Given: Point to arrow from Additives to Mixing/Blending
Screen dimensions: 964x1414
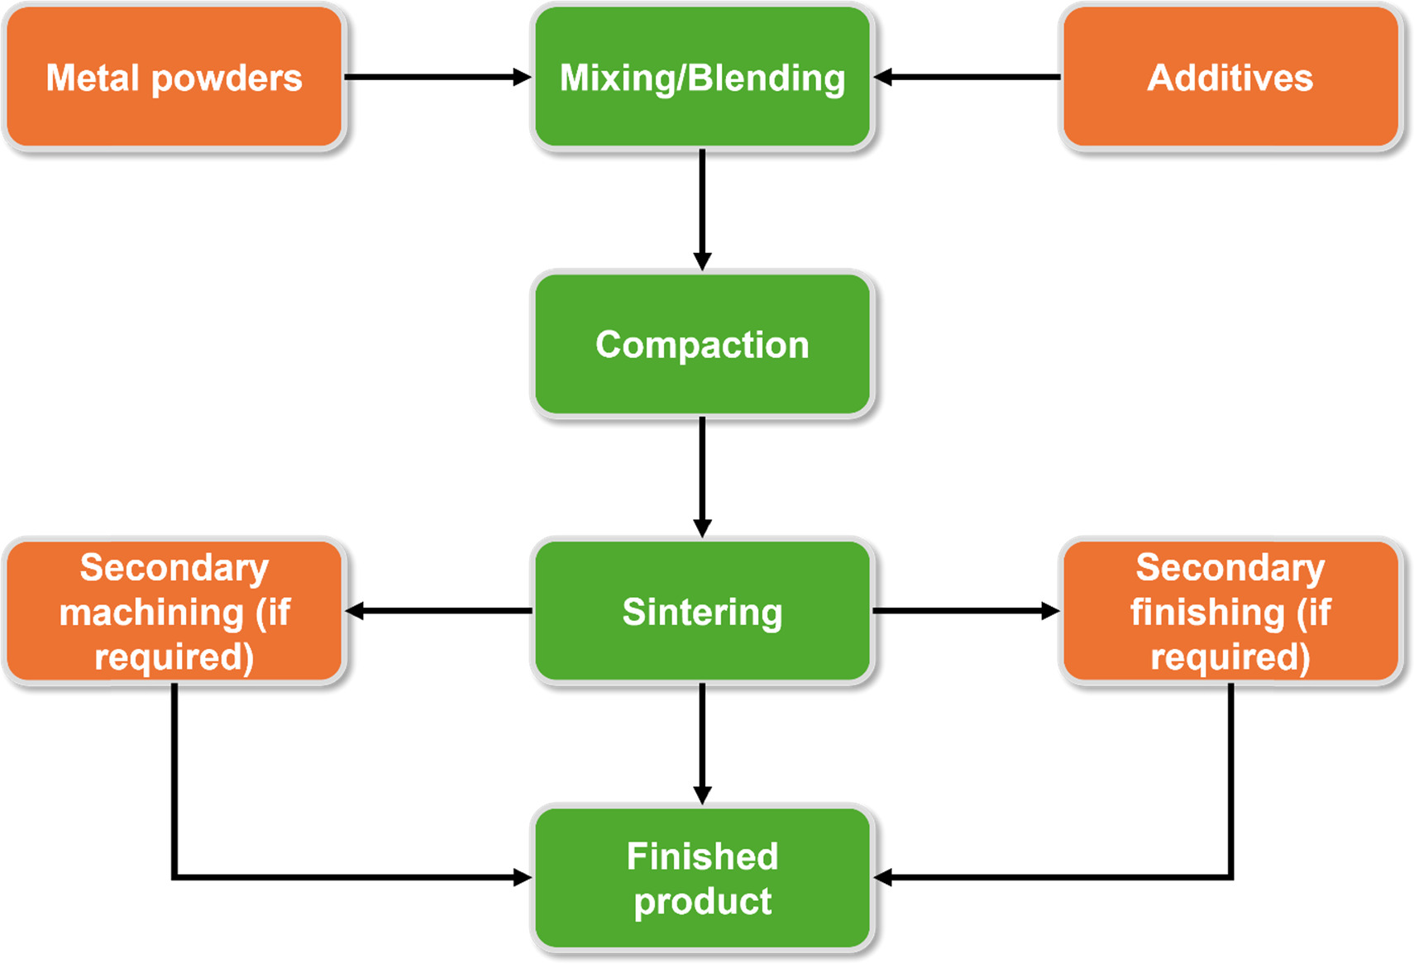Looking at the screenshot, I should (967, 77).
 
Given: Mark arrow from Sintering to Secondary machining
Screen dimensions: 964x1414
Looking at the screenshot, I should (438, 611).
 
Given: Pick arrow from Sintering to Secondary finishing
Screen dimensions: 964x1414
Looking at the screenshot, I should (966, 611).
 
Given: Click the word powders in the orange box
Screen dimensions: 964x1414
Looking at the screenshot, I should (227, 79).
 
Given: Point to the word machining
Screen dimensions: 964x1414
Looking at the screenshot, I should (151, 613).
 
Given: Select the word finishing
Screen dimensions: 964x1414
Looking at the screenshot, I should (1207, 613).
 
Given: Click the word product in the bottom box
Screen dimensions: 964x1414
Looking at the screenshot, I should (702, 901).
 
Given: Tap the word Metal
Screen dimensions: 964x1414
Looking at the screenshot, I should (92, 78).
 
